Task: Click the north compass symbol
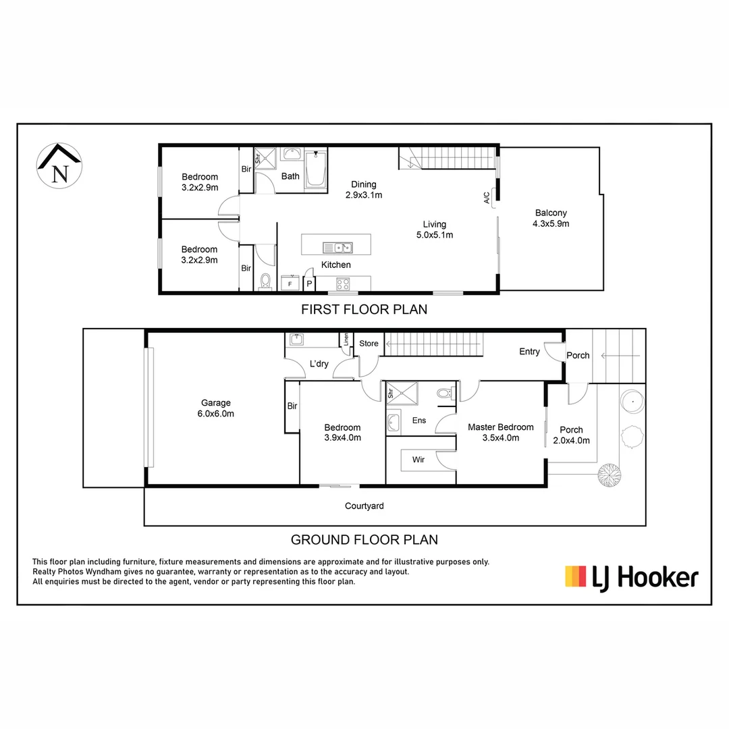tap(59, 166)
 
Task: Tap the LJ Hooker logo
tap(631, 578)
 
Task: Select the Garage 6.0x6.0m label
tap(216, 408)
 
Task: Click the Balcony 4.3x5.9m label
tap(551, 218)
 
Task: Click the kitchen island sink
tap(337, 247)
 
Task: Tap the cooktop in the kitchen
tap(343, 283)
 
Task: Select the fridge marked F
tap(290, 283)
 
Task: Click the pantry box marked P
tap(309, 283)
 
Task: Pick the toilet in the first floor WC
tap(265, 281)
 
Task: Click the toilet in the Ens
tap(446, 394)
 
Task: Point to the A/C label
tap(487, 198)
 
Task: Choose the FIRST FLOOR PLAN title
tap(364, 310)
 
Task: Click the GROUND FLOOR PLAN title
tap(364, 540)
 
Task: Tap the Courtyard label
tap(364, 506)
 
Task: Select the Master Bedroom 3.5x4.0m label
tap(501, 433)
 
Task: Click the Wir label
tap(418, 460)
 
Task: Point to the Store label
tap(369, 344)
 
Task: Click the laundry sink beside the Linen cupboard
tap(296, 340)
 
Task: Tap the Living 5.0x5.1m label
tap(435, 230)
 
